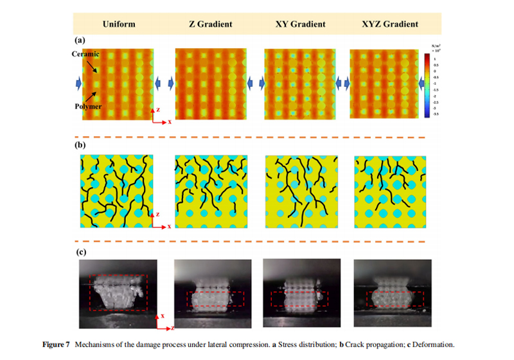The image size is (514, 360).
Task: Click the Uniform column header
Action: click(x=118, y=24)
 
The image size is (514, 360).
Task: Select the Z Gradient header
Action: click(x=210, y=24)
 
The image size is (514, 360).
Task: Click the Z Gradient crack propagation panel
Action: click(x=209, y=191)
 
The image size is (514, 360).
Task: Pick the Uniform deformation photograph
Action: click(x=120, y=287)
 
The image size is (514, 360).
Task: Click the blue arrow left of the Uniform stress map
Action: click(x=78, y=82)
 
